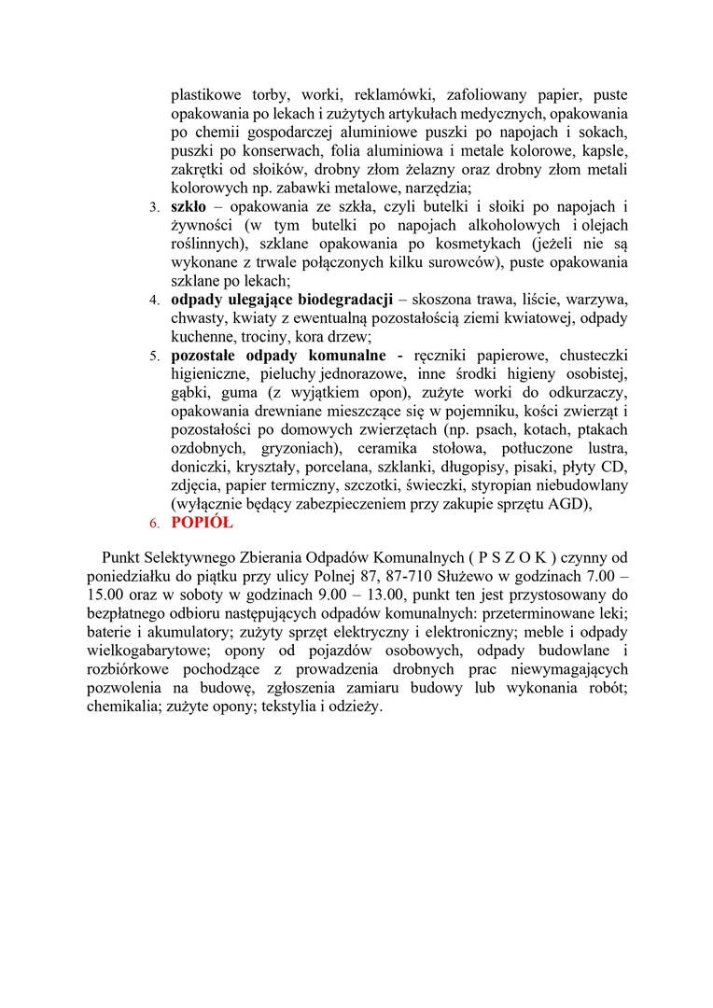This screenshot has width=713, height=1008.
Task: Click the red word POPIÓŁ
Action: click(x=202, y=523)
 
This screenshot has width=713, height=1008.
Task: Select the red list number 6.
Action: click(x=155, y=524)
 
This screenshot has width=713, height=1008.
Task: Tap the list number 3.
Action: click(x=155, y=207)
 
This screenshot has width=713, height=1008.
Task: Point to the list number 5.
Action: click(x=155, y=357)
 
